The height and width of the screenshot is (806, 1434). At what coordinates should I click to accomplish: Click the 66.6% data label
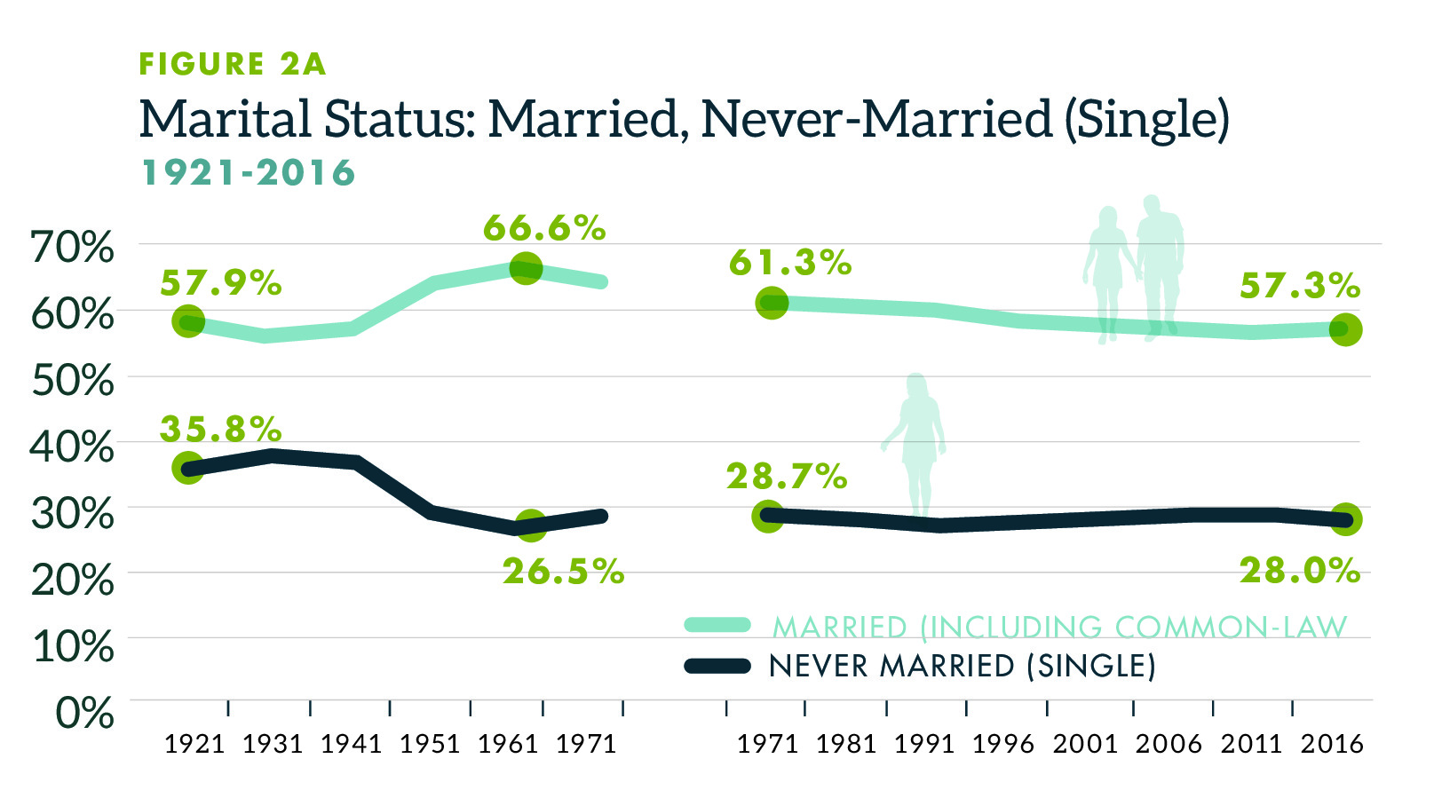[x=544, y=228]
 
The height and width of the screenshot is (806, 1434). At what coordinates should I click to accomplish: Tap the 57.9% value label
[x=221, y=283]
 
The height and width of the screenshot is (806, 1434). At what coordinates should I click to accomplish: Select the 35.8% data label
[x=221, y=429]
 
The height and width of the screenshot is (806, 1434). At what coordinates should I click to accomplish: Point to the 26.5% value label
[x=564, y=572]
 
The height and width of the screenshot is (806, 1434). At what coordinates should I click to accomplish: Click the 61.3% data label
[x=790, y=263]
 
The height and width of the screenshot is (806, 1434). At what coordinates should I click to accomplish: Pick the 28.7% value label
[x=787, y=477]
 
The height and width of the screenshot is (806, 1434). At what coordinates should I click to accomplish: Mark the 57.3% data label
[x=1300, y=286]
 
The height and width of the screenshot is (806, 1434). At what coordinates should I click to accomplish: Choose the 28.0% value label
[x=1300, y=571]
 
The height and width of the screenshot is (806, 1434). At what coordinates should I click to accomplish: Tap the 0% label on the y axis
[x=85, y=712]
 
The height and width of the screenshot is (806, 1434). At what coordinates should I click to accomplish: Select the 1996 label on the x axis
[x=1003, y=744]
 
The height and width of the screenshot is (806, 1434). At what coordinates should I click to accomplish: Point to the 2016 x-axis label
[x=1332, y=744]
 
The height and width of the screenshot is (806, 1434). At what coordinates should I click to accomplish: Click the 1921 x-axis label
[x=195, y=744]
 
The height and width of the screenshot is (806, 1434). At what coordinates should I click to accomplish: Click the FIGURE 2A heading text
[x=233, y=64]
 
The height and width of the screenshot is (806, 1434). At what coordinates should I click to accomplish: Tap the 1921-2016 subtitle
[x=249, y=173]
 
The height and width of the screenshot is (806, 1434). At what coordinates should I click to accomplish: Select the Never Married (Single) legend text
[x=963, y=666]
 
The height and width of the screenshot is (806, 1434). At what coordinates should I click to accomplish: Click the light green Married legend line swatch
[x=717, y=625]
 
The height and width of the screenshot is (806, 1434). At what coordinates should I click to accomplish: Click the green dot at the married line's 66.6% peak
[x=526, y=267]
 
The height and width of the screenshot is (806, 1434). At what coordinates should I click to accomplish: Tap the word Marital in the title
[x=226, y=119]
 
